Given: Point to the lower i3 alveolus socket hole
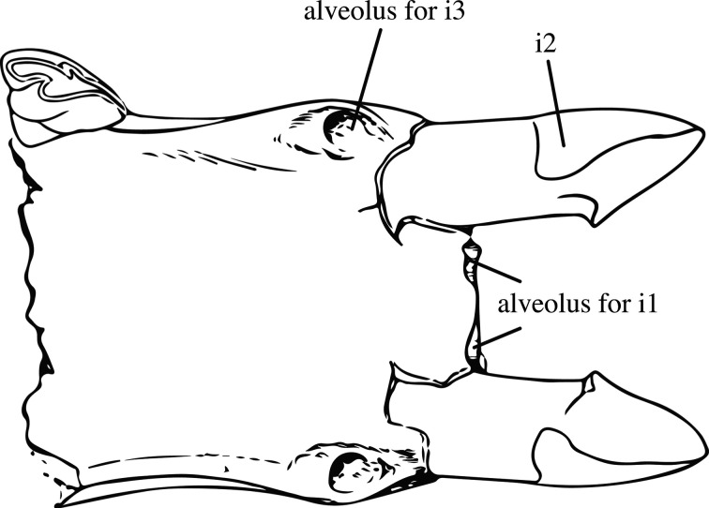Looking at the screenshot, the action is pyautogui.click(x=346, y=466).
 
